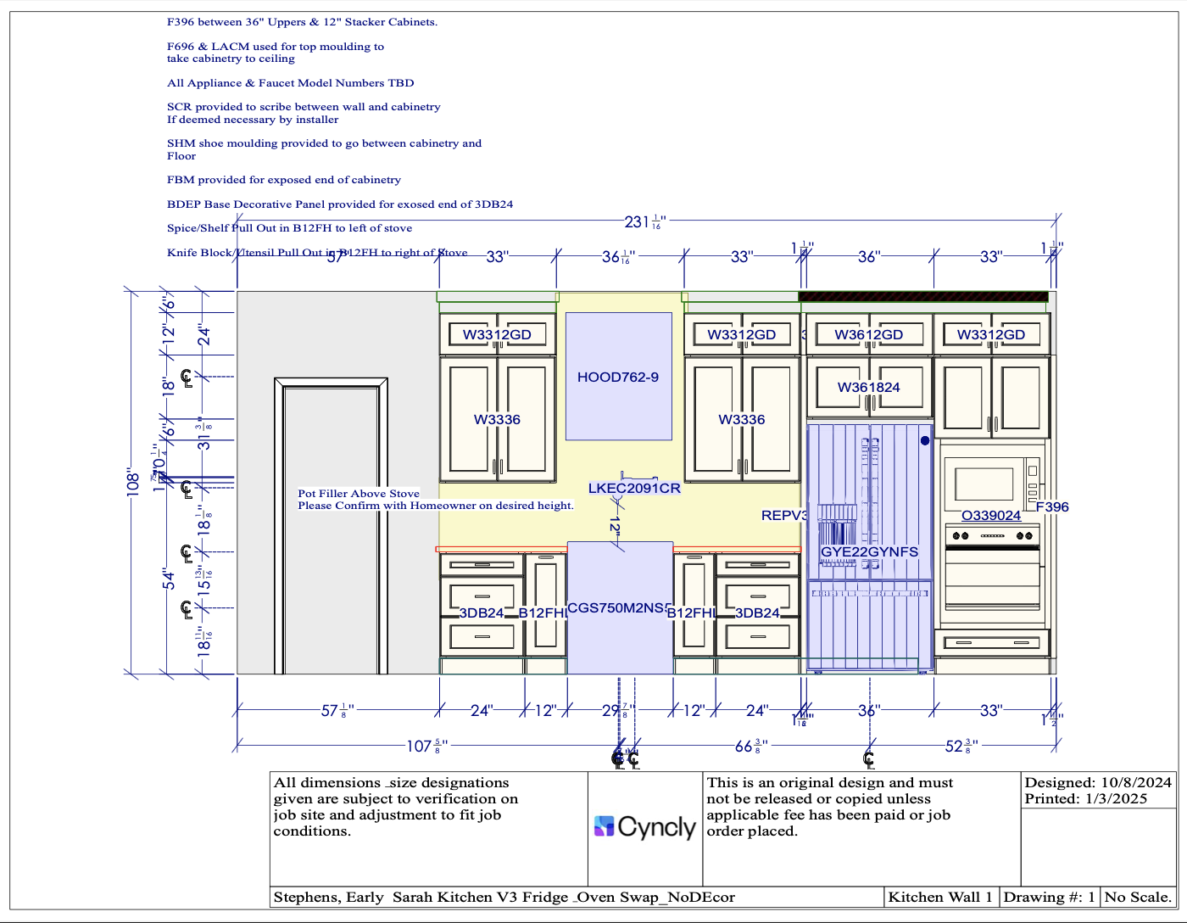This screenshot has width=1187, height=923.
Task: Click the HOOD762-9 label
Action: [x=618, y=378]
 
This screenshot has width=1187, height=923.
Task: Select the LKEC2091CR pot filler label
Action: [x=634, y=489]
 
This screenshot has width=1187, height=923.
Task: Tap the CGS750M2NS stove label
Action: [x=619, y=608]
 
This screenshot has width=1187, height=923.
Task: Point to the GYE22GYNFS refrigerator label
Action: [x=869, y=552]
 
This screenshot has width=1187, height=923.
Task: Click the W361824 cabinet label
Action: [x=869, y=388]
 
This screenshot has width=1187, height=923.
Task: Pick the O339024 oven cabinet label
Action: [x=991, y=516]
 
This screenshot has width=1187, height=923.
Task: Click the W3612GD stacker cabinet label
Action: [x=869, y=335]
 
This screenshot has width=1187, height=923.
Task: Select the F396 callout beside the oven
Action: [x=1052, y=507]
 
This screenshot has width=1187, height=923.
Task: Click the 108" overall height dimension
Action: [x=133, y=483]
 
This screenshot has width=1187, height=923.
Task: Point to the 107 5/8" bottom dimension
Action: [x=426, y=747]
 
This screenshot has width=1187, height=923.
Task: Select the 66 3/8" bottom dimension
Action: [x=750, y=747]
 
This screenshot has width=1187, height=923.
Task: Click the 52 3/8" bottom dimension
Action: [x=961, y=747]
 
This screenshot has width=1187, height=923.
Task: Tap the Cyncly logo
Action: [x=645, y=826]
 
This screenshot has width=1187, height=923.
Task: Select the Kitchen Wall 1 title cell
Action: [x=939, y=897]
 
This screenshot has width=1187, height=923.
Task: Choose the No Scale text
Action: [x=1138, y=897]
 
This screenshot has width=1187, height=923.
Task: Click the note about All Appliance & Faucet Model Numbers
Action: [x=291, y=83]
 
